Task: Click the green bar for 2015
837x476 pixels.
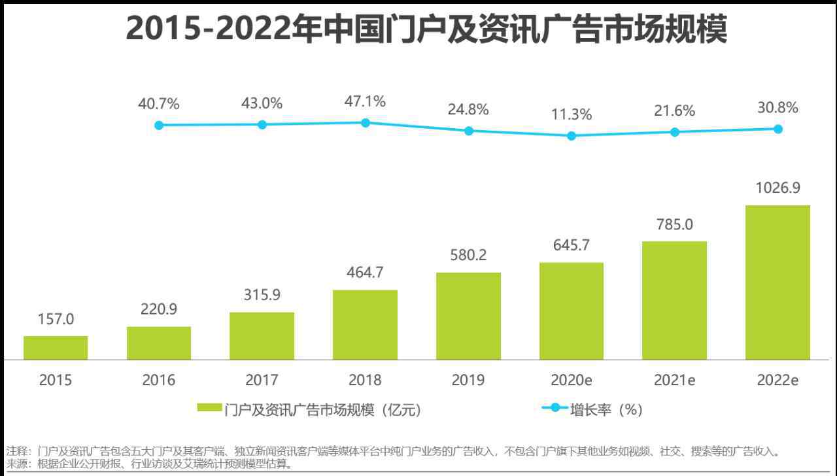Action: [x=56, y=348]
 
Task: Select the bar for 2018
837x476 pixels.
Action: [x=365, y=325]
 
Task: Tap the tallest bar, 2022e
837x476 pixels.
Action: [x=777, y=282]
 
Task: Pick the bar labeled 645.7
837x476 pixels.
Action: [x=572, y=311]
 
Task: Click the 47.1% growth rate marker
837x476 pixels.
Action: [x=366, y=123]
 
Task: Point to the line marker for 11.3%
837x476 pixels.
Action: [x=572, y=136]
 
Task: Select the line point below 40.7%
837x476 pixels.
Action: [x=159, y=126]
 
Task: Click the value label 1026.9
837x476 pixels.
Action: [x=778, y=188]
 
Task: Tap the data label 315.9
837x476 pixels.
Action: [x=262, y=295]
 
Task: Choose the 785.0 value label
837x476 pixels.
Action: [x=674, y=224]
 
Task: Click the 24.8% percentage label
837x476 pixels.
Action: [x=468, y=109]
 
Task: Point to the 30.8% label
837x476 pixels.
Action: [x=778, y=108]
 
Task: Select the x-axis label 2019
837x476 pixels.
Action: [x=468, y=380]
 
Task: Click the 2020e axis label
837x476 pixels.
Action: [x=572, y=380]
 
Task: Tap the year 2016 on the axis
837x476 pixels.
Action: [x=159, y=380]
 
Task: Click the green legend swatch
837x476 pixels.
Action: [x=210, y=407]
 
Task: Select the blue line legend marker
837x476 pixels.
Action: [x=555, y=407]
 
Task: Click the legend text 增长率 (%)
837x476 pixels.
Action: [x=606, y=410]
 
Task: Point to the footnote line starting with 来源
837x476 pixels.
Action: [x=149, y=464]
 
